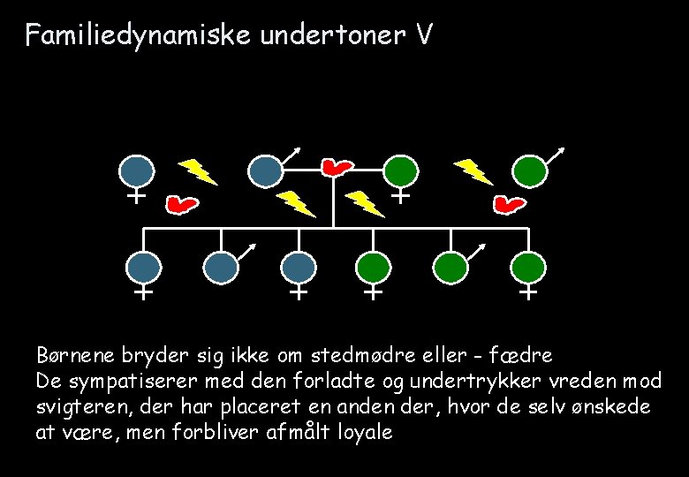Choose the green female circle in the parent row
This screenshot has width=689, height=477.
click(401, 170)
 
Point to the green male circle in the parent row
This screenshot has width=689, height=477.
click(530, 170)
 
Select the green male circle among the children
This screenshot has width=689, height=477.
click(451, 267)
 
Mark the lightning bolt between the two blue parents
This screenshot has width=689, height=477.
click(199, 171)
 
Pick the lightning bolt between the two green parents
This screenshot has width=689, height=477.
click(473, 171)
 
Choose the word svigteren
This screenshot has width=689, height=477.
click(77, 408)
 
